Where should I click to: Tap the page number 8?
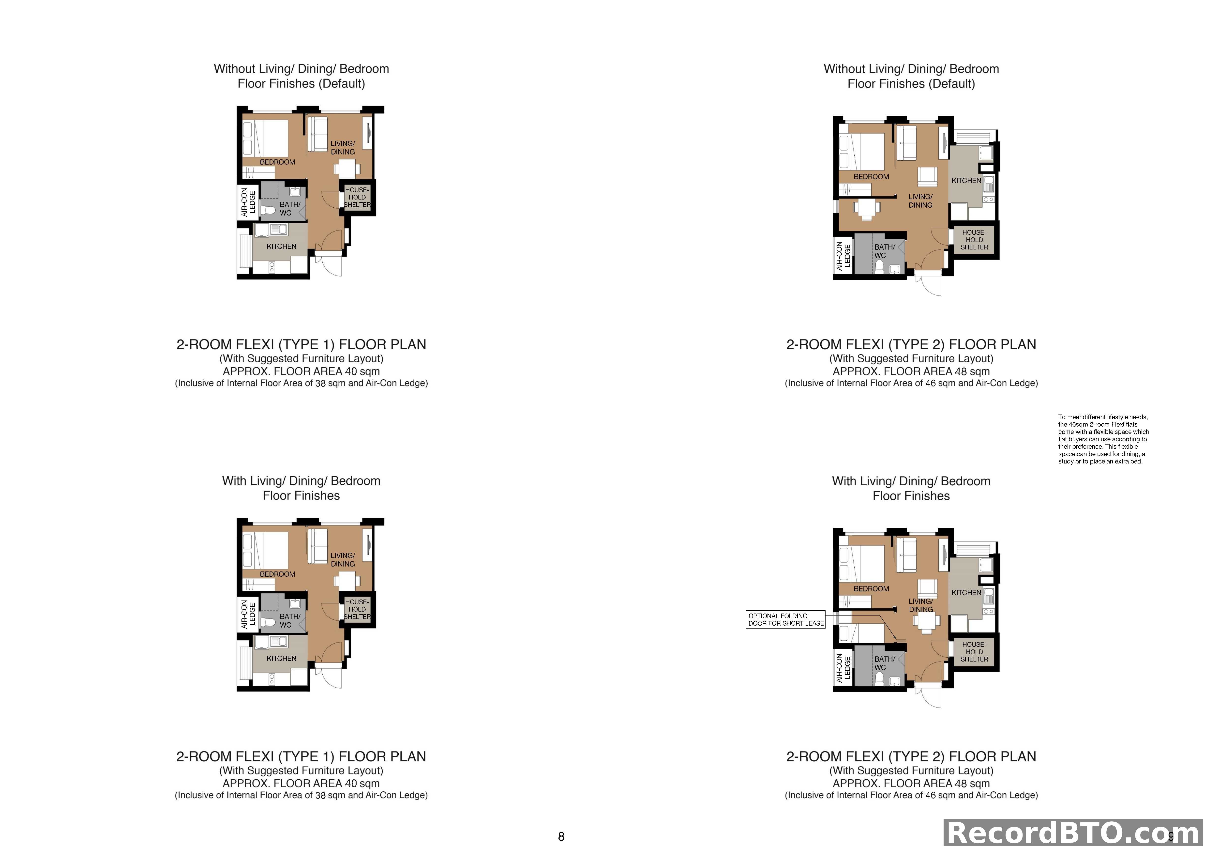click(561, 837)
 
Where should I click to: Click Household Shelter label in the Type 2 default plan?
click(974, 240)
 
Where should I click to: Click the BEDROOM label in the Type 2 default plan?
click(871, 177)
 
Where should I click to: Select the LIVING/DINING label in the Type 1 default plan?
click(343, 148)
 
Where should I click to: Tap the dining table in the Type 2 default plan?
click(866, 208)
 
